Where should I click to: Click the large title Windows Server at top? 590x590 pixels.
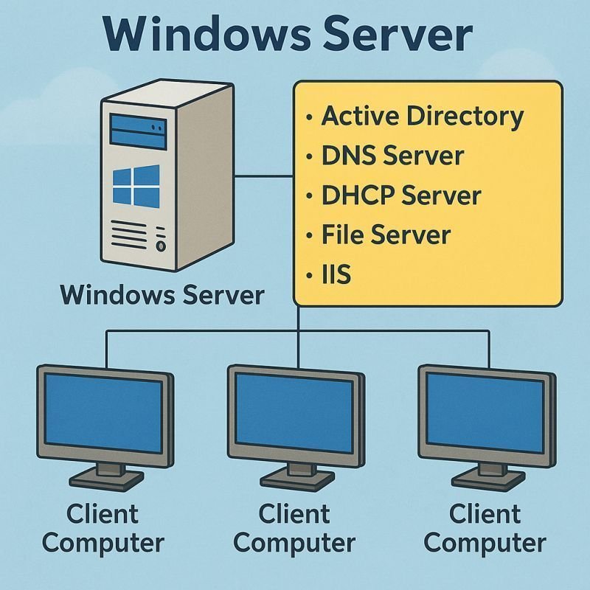pyautogui.click(x=294, y=35)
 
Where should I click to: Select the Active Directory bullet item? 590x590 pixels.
pyautogui.click(x=422, y=117)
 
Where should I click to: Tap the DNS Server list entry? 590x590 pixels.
pyautogui.click(x=392, y=156)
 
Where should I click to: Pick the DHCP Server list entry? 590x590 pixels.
pyautogui.click(x=401, y=195)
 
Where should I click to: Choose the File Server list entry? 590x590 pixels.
pyautogui.click(x=385, y=235)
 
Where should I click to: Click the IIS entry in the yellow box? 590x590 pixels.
pyautogui.click(x=336, y=275)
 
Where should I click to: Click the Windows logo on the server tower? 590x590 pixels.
pyautogui.click(x=136, y=184)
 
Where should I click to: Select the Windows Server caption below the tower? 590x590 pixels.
pyautogui.click(x=162, y=295)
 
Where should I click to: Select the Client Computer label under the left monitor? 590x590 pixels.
pyautogui.click(x=103, y=528)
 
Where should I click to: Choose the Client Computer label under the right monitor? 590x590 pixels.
pyautogui.click(x=485, y=528)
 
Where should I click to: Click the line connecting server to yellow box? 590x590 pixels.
pyautogui.click(x=263, y=176)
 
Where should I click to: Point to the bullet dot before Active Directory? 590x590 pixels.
pyautogui.click(x=308, y=117)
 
